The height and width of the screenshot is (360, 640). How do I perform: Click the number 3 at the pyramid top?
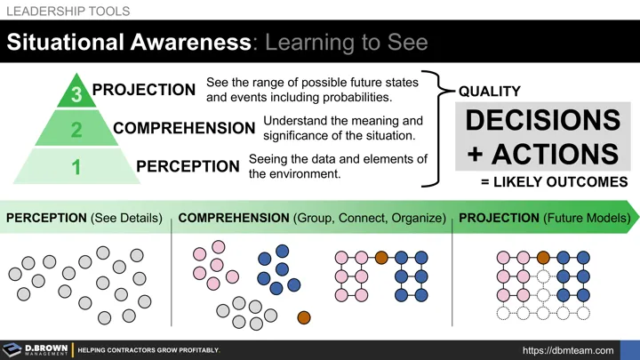click(x=76, y=93)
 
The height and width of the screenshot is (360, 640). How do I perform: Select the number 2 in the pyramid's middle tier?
click(x=76, y=130)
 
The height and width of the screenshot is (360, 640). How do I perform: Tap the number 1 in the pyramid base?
click(x=76, y=166)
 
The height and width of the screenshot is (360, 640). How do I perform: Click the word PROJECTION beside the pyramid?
click(x=144, y=90)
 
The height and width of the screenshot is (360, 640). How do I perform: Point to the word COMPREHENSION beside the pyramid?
click(x=184, y=128)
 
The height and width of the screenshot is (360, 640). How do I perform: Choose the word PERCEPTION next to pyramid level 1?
click(x=187, y=166)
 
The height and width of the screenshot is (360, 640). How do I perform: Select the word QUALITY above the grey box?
click(x=489, y=92)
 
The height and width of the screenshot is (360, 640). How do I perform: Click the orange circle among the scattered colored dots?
click(x=303, y=317)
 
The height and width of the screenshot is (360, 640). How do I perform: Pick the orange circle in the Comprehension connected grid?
click(x=381, y=258)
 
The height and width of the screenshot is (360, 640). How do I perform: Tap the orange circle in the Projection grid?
click(x=542, y=258)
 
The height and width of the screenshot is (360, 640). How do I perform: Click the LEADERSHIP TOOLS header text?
click(x=68, y=12)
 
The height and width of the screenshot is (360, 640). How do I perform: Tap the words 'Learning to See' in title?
click(x=347, y=42)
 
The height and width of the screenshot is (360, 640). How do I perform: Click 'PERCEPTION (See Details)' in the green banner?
click(x=84, y=218)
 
